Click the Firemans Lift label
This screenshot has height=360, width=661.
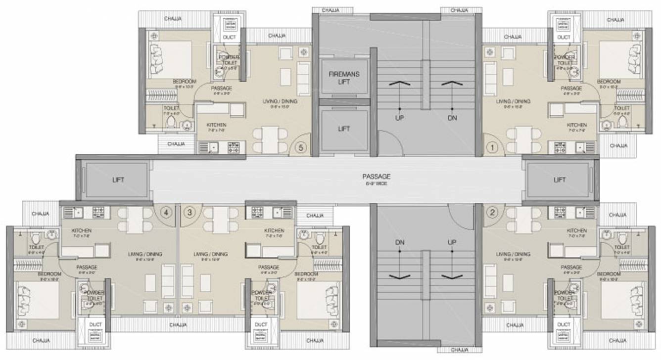[x=344, y=78]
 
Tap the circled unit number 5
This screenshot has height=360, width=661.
[x=300, y=147]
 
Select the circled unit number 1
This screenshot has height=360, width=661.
[x=492, y=147]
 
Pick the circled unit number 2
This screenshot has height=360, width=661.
[x=492, y=213]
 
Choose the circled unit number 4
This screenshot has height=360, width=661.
[x=166, y=212]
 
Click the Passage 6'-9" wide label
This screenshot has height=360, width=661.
[x=376, y=179]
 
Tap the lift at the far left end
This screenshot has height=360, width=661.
[x=118, y=180]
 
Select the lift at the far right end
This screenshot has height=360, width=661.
[x=559, y=180]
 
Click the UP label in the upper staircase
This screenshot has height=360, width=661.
[x=399, y=118]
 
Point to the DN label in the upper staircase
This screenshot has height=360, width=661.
[x=452, y=118]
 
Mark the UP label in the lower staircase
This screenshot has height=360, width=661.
[x=452, y=242]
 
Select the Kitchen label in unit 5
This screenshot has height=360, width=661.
[x=216, y=126]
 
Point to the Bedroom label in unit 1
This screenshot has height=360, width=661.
[x=608, y=82]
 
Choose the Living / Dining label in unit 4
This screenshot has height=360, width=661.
[x=145, y=254]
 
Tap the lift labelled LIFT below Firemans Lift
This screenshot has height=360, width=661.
[x=344, y=129]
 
